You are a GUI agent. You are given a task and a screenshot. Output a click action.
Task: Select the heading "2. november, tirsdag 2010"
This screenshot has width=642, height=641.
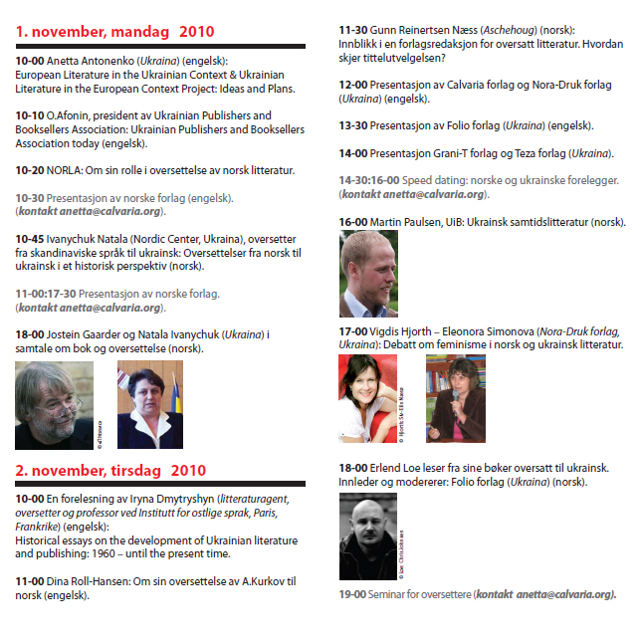coord(110,471)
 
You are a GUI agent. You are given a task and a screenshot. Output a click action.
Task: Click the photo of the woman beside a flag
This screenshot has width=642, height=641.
coord(150,404)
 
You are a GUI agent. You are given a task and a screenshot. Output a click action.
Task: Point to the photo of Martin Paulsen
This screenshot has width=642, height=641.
coord(368,273)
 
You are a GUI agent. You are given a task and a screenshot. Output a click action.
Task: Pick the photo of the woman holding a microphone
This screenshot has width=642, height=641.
coord(455,398)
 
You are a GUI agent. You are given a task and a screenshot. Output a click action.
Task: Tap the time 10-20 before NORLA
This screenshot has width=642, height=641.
coord(30,171)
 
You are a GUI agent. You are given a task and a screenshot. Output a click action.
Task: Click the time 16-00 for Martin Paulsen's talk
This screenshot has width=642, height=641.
coord(353,222)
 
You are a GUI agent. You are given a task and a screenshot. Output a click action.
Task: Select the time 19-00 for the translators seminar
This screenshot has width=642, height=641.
coord(353,594)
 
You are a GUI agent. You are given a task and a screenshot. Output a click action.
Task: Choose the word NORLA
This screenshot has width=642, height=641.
coord(67,171)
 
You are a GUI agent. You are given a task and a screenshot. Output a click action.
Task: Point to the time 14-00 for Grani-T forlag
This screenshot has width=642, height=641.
coord(353,153)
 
